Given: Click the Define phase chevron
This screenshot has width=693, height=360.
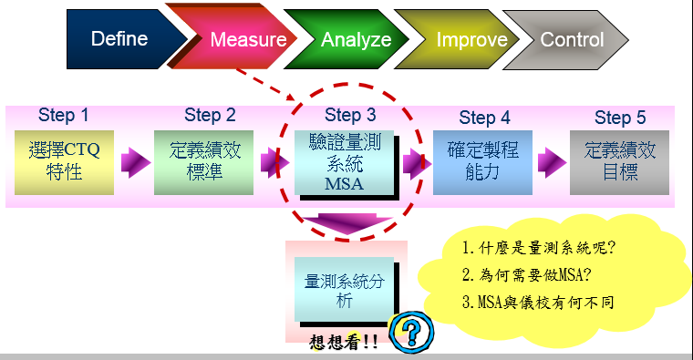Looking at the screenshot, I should tap(119, 39).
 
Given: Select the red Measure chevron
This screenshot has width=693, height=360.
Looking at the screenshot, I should tap(247, 40).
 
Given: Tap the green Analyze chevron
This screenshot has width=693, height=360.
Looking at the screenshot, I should tap(356, 40).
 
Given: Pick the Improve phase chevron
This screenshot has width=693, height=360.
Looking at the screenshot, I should tap(471, 40).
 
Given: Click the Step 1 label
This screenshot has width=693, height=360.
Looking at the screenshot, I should tap(64, 115).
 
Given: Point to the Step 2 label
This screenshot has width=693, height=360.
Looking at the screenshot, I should tap(210, 115).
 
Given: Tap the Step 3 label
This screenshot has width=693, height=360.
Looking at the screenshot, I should tap(350, 116).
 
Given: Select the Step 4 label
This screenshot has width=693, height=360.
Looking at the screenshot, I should tap(484, 118).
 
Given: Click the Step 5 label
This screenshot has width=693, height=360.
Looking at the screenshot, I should tap(620, 118).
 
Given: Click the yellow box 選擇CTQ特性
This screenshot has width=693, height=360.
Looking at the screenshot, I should tap(64, 161).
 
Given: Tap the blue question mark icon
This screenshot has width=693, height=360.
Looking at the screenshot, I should tap(409, 331).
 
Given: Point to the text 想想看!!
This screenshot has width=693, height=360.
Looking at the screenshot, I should tap(344, 344).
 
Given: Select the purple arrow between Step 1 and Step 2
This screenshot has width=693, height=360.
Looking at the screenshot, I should tap(135, 162).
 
